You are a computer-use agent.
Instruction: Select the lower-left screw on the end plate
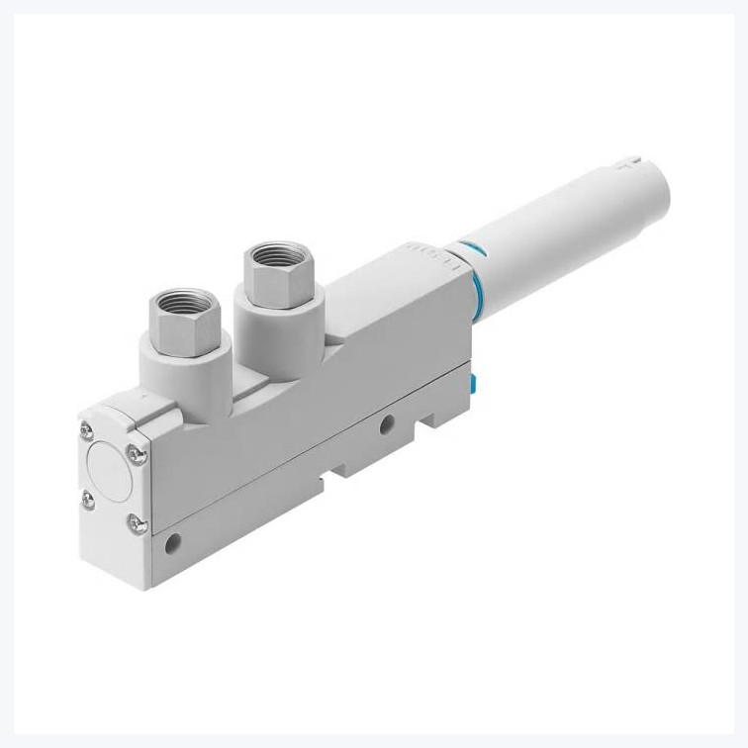click(86, 498)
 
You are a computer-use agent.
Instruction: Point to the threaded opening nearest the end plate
click(178, 307)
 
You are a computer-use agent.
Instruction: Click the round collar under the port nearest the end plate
click(181, 362)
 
